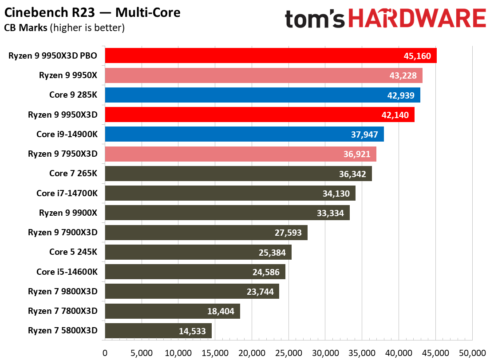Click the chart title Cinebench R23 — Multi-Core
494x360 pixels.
click(x=92, y=12)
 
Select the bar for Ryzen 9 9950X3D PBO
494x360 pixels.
click(x=270, y=56)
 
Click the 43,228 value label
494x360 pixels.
click(x=402, y=75)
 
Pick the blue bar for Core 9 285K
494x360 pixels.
click(x=262, y=95)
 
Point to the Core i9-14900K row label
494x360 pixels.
click(x=67, y=134)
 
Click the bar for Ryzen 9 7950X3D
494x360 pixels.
click(x=240, y=154)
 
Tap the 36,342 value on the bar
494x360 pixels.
click(x=352, y=174)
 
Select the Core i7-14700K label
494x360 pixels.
click(x=67, y=193)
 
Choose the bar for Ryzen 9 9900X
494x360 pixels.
click(x=227, y=213)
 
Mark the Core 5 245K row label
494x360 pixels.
click(x=73, y=252)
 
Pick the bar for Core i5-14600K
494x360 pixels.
click(x=195, y=272)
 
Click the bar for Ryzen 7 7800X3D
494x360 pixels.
click(x=172, y=311)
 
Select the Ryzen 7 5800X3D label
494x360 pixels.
click(x=63, y=331)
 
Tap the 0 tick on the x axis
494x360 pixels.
click(x=105, y=353)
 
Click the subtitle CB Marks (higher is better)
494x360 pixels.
click(x=64, y=28)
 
